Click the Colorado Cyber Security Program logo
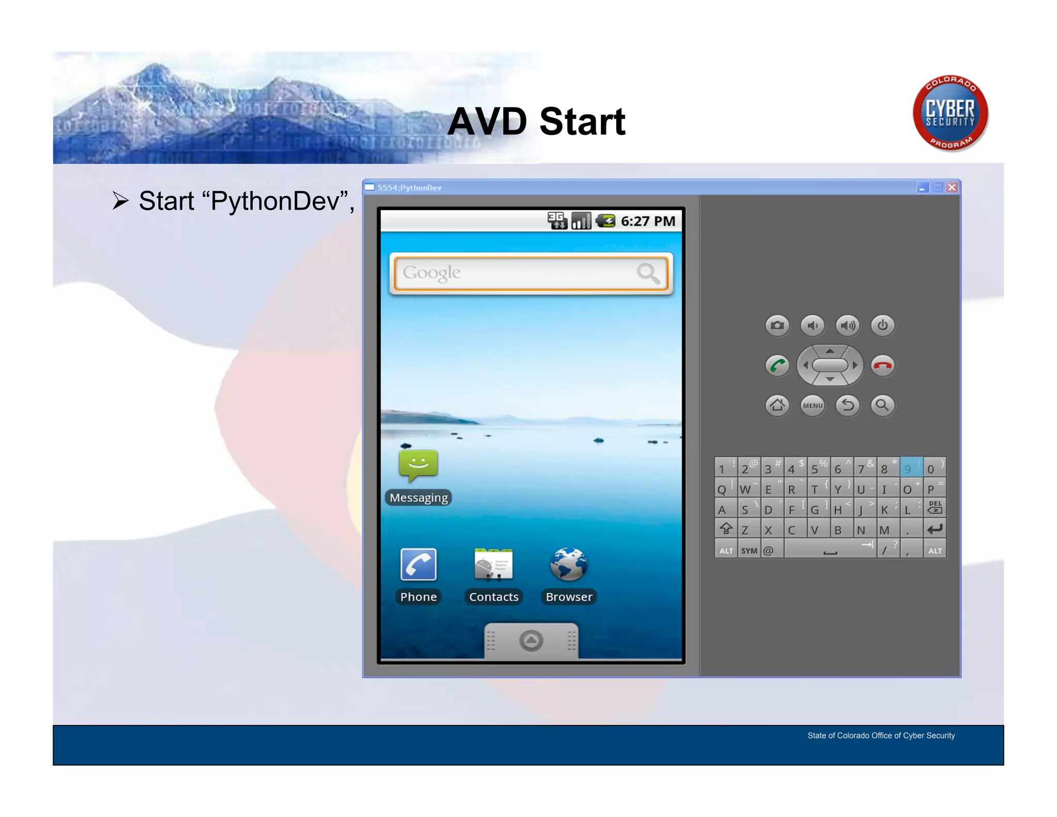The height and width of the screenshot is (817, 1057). [x=950, y=113]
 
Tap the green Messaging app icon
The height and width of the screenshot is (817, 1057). [x=418, y=464]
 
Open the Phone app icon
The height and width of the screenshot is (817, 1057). [x=418, y=564]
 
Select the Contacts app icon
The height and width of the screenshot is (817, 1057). [x=493, y=564]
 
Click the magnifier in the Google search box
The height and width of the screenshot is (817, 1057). [x=648, y=273]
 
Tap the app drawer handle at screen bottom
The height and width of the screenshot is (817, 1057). [x=531, y=641]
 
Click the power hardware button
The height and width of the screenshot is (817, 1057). [x=883, y=325]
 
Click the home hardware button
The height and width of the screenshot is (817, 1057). [x=777, y=405]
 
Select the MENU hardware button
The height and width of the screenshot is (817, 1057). [x=812, y=405]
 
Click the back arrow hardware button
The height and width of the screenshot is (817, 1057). [x=847, y=405]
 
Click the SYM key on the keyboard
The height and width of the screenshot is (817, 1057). [x=749, y=551]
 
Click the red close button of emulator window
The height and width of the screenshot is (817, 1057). [x=952, y=187]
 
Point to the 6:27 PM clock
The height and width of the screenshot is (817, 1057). [x=648, y=222]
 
